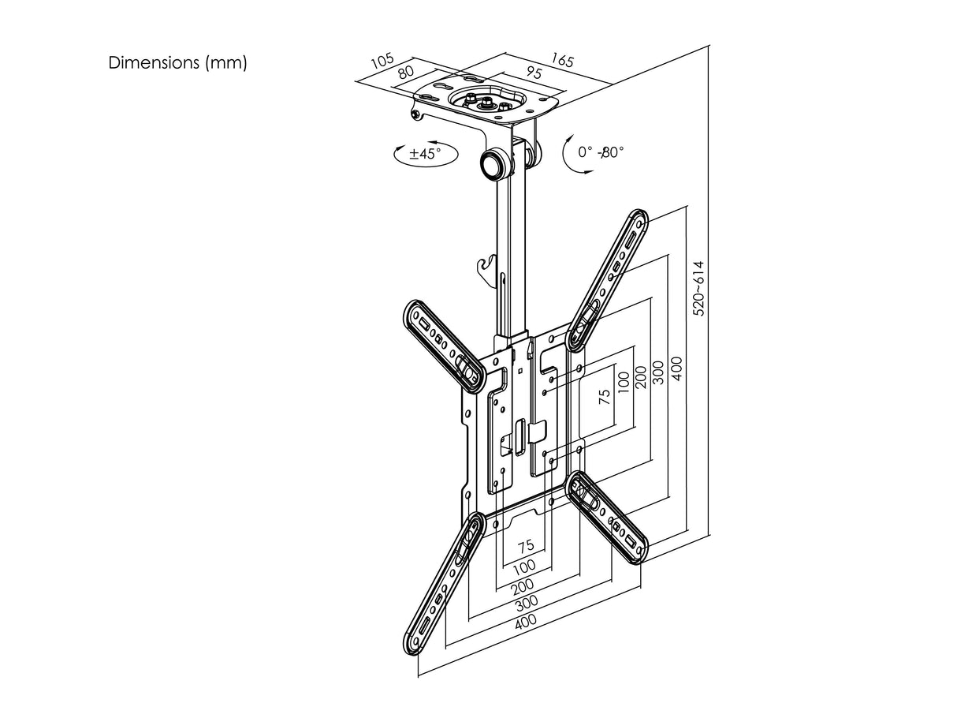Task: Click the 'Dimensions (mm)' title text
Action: (x=177, y=63)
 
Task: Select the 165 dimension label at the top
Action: (x=562, y=60)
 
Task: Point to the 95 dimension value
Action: (x=533, y=73)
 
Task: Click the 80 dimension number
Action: (x=407, y=73)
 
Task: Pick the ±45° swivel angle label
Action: (x=423, y=153)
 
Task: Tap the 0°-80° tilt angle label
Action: (x=600, y=151)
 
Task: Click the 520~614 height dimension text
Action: (x=698, y=289)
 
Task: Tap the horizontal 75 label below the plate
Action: (x=526, y=545)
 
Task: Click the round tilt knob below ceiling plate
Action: (x=495, y=165)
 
